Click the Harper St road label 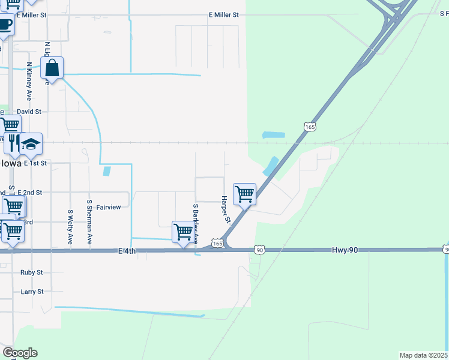pos(226,209)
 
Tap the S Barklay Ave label pos(196,223)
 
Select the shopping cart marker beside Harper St pos(244,194)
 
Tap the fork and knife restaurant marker pos(11,143)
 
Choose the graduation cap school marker pos(31,144)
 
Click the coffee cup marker pos(5,25)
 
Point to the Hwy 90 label pos(345,249)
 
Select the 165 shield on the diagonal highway pos(309,127)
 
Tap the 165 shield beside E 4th pos(217,244)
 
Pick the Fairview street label pos(109,207)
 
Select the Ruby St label pos(31,272)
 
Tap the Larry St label pos(32,292)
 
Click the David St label pos(29,112)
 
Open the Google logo pos(20,353)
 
